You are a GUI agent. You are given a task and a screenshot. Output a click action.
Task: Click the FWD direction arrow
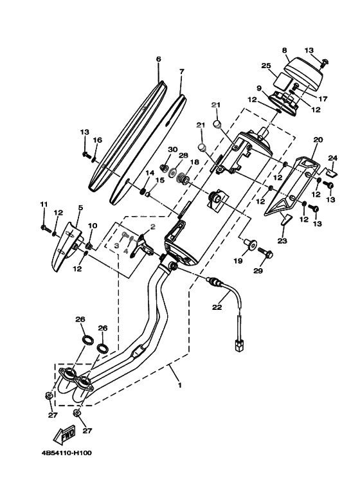click(65, 434)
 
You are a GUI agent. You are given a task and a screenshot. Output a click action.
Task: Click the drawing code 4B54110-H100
click(67, 453)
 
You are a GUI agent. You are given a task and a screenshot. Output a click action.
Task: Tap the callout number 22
click(217, 307)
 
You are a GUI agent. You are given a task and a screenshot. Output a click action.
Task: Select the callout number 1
click(180, 385)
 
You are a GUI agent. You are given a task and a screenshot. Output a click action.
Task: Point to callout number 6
click(158, 59)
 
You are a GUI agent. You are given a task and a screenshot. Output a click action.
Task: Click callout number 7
click(181, 71)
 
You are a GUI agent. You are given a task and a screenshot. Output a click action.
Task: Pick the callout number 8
click(284, 50)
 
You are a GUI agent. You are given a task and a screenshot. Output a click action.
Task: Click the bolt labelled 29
click(265, 253)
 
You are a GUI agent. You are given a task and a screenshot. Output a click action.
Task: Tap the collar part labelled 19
click(249, 245)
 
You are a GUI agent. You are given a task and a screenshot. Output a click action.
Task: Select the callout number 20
click(318, 140)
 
